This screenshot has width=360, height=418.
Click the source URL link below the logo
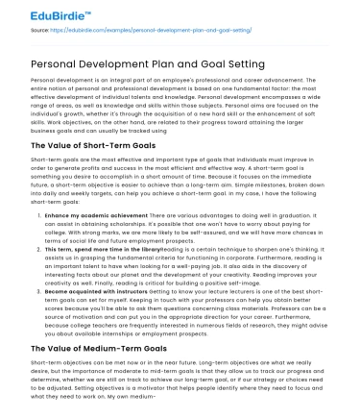coord(136,30)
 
